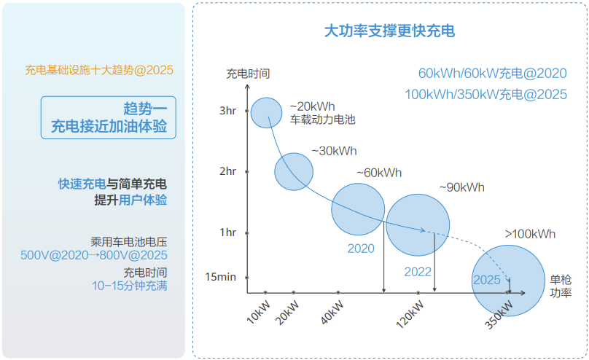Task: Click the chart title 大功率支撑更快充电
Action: pos(389,31)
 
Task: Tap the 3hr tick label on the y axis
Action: pos(227,111)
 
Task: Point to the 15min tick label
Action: pos(221,277)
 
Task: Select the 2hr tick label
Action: pos(227,171)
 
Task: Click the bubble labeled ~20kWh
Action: pos(266,111)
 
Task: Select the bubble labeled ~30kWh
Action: pos(294,172)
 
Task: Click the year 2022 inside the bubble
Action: pos(417,272)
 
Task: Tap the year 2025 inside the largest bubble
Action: pos(486,280)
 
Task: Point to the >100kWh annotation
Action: pos(530,234)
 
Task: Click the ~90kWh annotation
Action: pos(461,187)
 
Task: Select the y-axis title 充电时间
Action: pos(248,74)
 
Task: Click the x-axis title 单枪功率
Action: pos(561,285)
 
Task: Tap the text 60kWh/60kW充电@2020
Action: pos(492,74)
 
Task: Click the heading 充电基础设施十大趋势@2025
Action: pos(99,71)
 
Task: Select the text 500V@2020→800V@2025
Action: pos(94,255)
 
